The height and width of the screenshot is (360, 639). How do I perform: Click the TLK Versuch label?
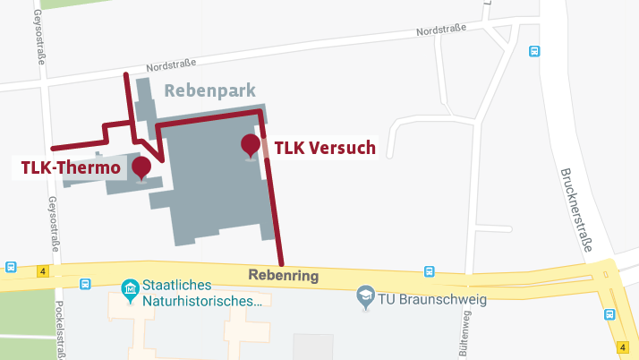(324, 148)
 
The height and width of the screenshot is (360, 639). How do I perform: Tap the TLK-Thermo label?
(71, 167)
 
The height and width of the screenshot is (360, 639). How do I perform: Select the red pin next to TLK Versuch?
(251, 145)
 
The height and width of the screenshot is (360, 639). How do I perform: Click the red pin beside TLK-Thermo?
(141, 167)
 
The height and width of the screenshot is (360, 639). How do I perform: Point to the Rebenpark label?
(210, 90)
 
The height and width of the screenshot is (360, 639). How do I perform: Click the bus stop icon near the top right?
(534, 51)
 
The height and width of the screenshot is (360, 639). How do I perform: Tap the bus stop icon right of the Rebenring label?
(430, 271)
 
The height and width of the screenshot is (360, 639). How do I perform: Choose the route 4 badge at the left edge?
(41, 269)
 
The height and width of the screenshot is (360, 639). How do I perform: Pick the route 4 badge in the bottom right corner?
(622, 347)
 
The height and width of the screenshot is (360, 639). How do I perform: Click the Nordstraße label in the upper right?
(441, 32)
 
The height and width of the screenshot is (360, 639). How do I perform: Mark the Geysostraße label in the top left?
(39, 33)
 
